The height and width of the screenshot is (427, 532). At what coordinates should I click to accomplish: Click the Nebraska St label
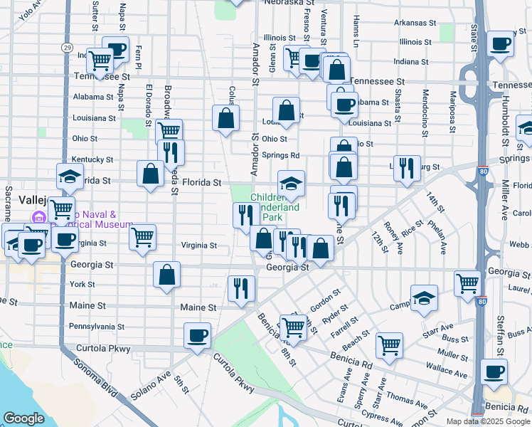[x=280, y=3]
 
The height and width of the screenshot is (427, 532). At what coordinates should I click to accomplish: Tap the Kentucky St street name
[x=92, y=159]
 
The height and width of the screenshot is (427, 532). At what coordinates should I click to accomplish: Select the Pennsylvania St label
[x=97, y=327]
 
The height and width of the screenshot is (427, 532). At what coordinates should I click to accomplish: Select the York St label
[x=82, y=285]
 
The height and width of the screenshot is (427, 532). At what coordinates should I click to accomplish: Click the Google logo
[x=23, y=418]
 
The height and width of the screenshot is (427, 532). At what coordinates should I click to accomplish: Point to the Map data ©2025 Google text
[x=488, y=421]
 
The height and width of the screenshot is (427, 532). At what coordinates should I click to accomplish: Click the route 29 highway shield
[x=66, y=47]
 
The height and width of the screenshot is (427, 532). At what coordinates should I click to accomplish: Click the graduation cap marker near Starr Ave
[x=424, y=297]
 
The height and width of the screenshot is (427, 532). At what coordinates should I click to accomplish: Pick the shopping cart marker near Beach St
[x=389, y=345]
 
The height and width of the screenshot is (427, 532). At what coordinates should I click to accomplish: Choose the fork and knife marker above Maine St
[x=241, y=288]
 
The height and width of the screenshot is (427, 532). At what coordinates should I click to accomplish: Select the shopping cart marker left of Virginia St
[x=143, y=238]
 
